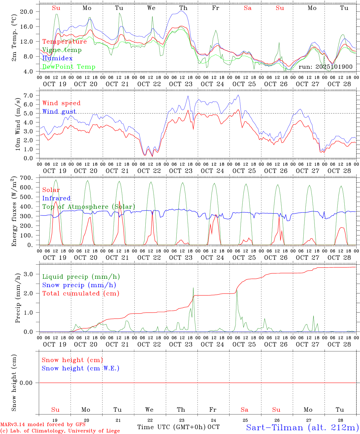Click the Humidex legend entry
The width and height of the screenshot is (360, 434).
tap(57, 58)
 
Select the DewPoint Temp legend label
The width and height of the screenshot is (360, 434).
tap(69, 67)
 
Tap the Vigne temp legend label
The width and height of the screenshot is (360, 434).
tap(62, 50)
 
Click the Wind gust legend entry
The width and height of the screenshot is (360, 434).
tap(59, 112)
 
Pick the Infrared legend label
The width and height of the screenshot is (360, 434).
tap(56, 198)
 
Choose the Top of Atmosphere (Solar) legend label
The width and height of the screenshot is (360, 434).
tap(89, 207)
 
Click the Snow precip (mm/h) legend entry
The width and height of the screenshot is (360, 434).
tap(79, 285)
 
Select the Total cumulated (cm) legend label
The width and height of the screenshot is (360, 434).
tap(81, 293)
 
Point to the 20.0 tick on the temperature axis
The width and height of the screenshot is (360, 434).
tap(26, 12)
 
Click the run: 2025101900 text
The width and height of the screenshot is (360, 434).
tap(325, 67)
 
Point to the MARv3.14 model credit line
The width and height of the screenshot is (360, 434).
tap(43, 424)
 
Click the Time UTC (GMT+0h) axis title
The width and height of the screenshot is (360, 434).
tap(172, 427)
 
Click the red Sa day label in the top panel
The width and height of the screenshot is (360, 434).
tap(248, 8)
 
